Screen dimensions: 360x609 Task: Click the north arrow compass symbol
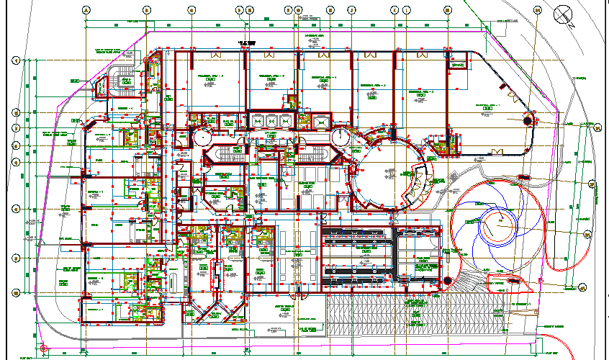coord(563,14)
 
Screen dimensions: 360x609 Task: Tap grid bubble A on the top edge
coord(86,10)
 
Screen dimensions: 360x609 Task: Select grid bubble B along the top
coord(146,10)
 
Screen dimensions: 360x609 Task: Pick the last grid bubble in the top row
coord(536,10)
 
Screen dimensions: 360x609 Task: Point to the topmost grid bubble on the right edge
coord(597,126)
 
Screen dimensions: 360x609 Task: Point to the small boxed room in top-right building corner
coord(456,66)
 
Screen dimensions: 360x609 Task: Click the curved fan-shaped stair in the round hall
coord(418,184)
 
